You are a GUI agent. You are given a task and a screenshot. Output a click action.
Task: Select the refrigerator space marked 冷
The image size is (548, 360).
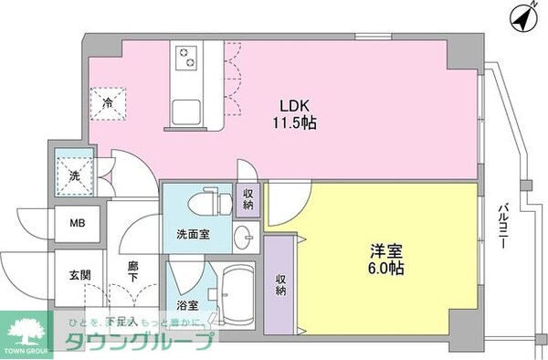click(107, 101)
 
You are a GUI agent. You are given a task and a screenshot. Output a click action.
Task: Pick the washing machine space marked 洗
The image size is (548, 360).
click(73, 171)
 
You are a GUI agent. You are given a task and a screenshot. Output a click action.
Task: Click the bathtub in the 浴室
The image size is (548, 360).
click(239, 296)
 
